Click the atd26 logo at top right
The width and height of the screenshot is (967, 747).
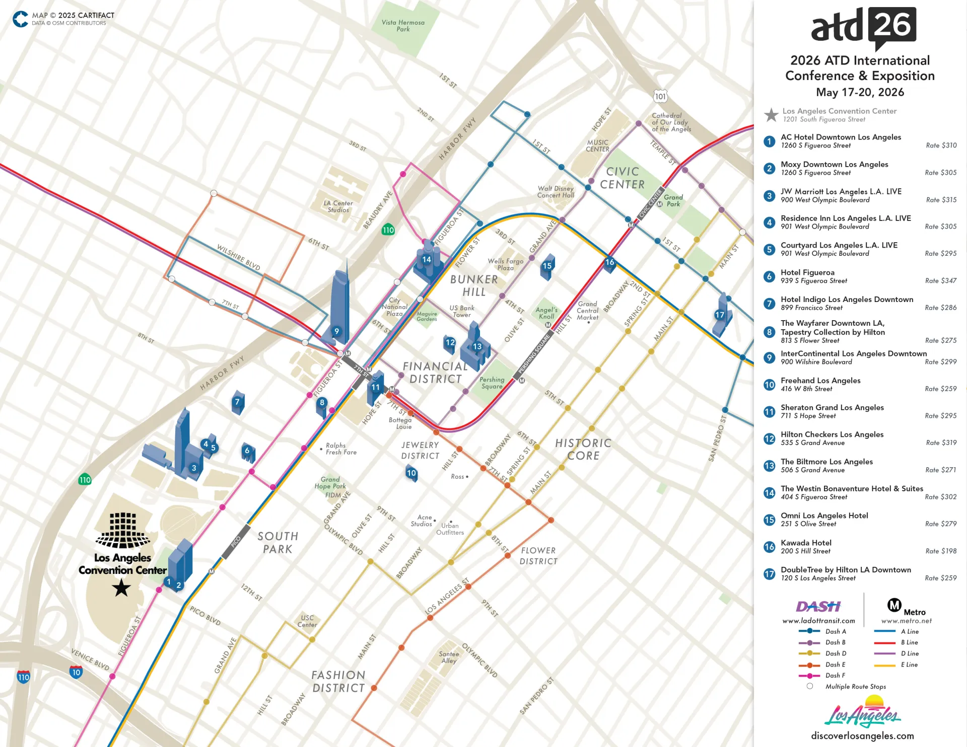(x=863, y=27)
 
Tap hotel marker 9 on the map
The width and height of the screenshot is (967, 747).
(x=337, y=331)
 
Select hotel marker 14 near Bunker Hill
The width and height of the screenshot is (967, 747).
(x=427, y=260)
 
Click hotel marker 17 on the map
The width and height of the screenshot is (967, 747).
(x=720, y=315)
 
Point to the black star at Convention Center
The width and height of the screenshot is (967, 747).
(x=121, y=587)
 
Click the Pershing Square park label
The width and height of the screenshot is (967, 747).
(x=492, y=383)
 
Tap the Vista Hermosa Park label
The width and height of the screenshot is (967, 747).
(x=403, y=26)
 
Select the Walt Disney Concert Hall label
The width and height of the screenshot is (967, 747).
(x=556, y=192)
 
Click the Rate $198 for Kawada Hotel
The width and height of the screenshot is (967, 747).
(x=941, y=551)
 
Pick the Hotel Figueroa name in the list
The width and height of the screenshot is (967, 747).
(x=807, y=272)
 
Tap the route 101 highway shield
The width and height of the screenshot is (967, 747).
(x=660, y=97)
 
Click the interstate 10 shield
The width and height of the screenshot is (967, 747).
(x=76, y=672)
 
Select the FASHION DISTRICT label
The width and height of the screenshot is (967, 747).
(x=338, y=682)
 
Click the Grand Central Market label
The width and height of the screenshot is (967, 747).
(x=587, y=311)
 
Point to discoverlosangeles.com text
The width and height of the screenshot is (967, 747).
(x=862, y=735)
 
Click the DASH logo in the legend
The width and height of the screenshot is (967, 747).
(x=818, y=607)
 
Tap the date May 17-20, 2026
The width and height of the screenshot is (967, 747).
(x=860, y=92)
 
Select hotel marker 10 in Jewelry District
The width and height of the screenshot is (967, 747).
(x=411, y=473)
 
